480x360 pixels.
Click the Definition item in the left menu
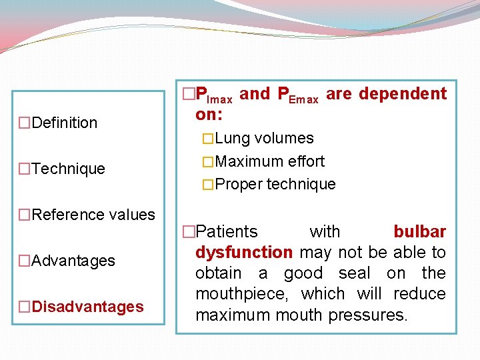pos(64,123)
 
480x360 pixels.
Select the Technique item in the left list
pos(68,169)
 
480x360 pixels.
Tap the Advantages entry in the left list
pos(73,261)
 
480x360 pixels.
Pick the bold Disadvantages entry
pos(87,307)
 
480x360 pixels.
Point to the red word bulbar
pos(419,232)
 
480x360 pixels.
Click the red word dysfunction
pos(243,253)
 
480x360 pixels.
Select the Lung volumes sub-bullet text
pos(264,139)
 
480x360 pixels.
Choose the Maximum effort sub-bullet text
pos(270,161)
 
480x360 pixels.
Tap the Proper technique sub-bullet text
pos(275,184)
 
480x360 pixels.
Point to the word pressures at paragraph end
pos(368,315)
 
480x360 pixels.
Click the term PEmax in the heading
pos(297,95)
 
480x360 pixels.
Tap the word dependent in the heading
pos(403,94)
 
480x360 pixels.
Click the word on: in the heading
pos(209,114)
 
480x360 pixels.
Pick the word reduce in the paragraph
pos(422,294)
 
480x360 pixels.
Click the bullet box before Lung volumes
pos(208,139)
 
